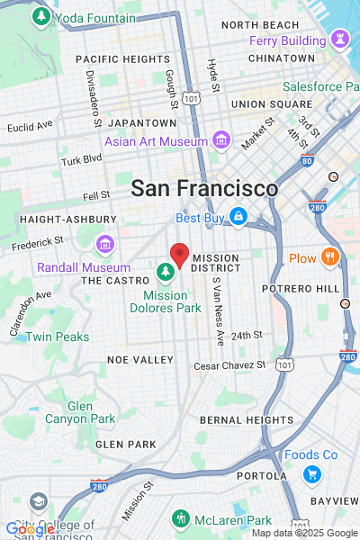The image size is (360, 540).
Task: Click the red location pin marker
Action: tap(179, 256)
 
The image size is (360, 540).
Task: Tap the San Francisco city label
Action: tap(204, 189)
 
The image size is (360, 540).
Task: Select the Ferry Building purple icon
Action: tap(340, 40)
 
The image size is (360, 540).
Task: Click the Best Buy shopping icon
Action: tap(238, 217)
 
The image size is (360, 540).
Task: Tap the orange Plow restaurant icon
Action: tap(330, 258)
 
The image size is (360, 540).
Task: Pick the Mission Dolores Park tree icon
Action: tap(166, 271)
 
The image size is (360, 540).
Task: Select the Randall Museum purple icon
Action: tap(105, 244)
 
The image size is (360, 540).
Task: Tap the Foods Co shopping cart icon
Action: tap(312, 474)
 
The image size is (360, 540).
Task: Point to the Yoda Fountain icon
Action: tap(40, 17)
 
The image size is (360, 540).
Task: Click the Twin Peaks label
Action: tap(57, 337)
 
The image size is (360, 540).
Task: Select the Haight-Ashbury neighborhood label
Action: tap(67, 219)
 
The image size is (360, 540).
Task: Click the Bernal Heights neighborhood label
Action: tap(246, 419)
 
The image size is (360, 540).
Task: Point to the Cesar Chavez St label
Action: tap(230, 365)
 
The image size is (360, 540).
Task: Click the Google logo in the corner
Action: tap(29, 529)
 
